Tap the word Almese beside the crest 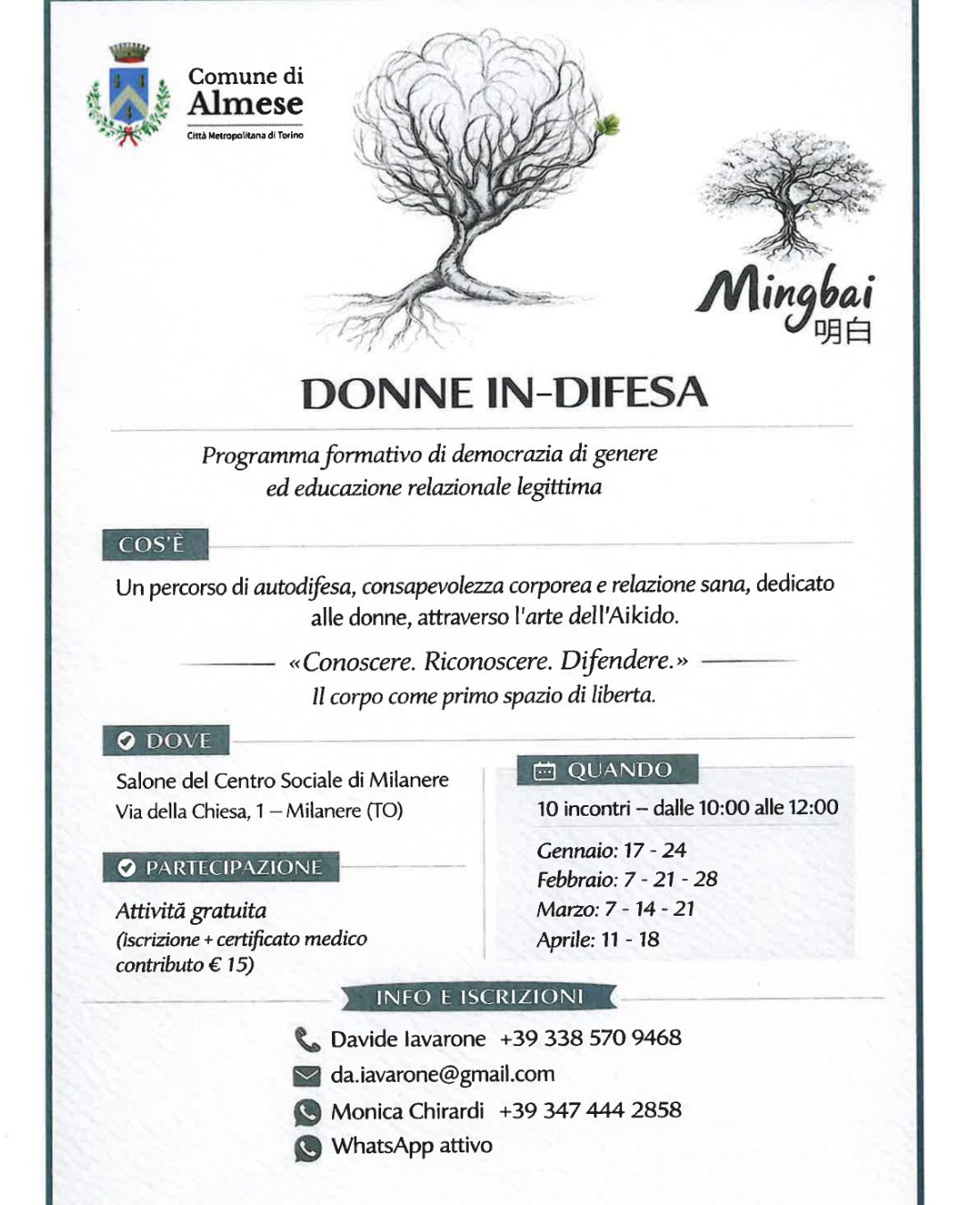[245, 104]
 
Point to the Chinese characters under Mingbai [843, 331]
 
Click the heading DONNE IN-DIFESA [503, 394]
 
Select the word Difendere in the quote [615, 661]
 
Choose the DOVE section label [166, 741]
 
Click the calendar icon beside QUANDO [544, 771]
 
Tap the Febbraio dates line [627, 879]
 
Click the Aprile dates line [598, 940]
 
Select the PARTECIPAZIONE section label [220, 868]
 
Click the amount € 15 [230, 965]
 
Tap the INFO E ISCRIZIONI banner [479, 997]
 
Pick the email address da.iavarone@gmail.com [442, 1075]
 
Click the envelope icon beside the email [307, 1076]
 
